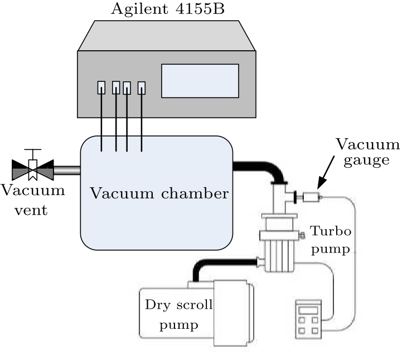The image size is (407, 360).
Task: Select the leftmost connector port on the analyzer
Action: (x=101, y=87)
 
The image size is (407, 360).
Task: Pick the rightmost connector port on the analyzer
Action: (x=142, y=87)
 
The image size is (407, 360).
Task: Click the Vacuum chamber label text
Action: (x=159, y=194)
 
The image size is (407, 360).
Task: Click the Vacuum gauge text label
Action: (x=367, y=152)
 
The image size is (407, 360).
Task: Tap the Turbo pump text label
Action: (x=331, y=240)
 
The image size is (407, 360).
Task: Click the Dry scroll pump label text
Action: (x=179, y=314)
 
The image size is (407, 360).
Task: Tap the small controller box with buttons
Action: (x=307, y=319)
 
